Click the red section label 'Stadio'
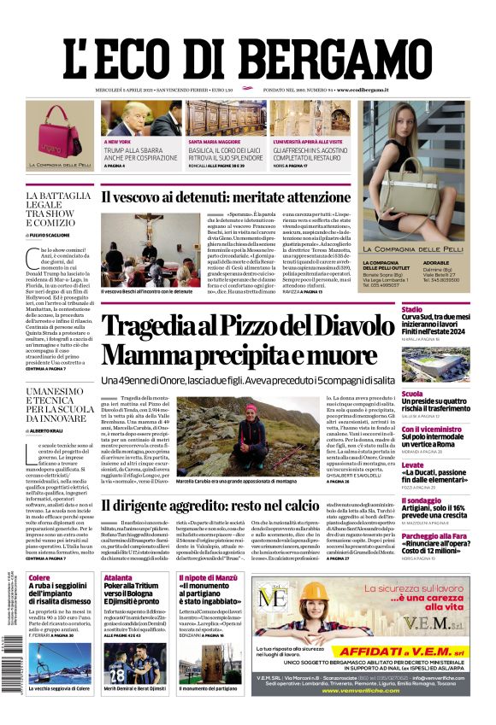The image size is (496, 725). tap(412, 309)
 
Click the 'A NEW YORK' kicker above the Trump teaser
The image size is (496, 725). tap(117, 141)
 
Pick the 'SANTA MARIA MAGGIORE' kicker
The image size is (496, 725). tap(215, 141)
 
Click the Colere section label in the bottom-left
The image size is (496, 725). tap(39, 578)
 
